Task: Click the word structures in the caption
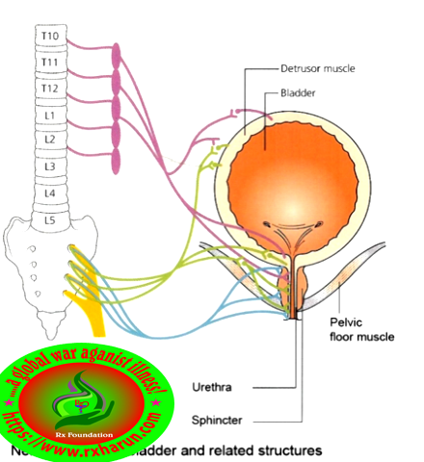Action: coord(279,449)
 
